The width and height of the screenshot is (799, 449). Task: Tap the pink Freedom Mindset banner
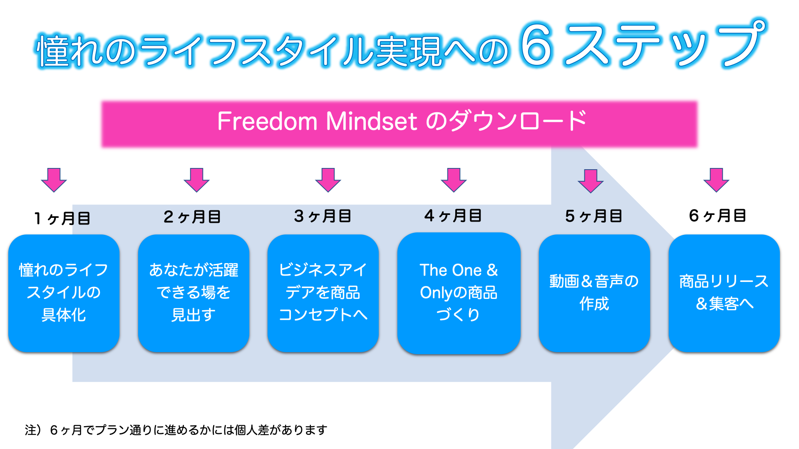pyautogui.click(x=399, y=124)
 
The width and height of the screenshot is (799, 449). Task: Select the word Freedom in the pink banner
pyautogui.click(x=267, y=121)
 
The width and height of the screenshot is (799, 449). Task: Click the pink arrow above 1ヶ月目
pyautogui.click(x=54, y=180)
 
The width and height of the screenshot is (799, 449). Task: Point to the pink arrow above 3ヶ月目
pyautogui.click(x=328, y=180)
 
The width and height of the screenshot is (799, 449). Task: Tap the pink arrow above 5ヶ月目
pyautogui.click(x=591, y=181)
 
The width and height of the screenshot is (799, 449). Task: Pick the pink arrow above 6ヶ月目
pyautogui.click(x=716, y=180)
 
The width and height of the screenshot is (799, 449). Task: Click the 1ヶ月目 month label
pyautogui.click(x=62, y=218)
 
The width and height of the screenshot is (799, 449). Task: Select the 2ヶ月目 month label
pyautogui.click(x=192, y=217)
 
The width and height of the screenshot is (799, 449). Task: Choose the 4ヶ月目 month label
pyautogui.click(x=453, y=215)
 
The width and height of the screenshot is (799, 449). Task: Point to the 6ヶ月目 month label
pyautogui.click(x=717, y=215)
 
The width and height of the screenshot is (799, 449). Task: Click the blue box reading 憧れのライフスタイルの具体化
pyautogui.click(x=64, y=293)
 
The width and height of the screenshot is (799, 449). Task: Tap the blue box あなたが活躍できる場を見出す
pyautogui.click(x=194, y=293)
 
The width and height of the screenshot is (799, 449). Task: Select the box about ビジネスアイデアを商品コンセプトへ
pyautogui.click(x=323, y=293)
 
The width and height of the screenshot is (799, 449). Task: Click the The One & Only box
pyautogui.click(x=459, y=293)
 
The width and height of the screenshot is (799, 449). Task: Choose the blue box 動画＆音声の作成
pyautogui.click(x=594, y=293)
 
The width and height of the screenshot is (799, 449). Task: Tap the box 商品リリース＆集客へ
pyautogui.click(x=724, y=293)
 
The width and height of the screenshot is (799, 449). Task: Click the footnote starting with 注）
pyautogui.click(x=176, y=429)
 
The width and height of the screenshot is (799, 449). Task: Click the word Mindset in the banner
pyautogui.click(x=372, y=121)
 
